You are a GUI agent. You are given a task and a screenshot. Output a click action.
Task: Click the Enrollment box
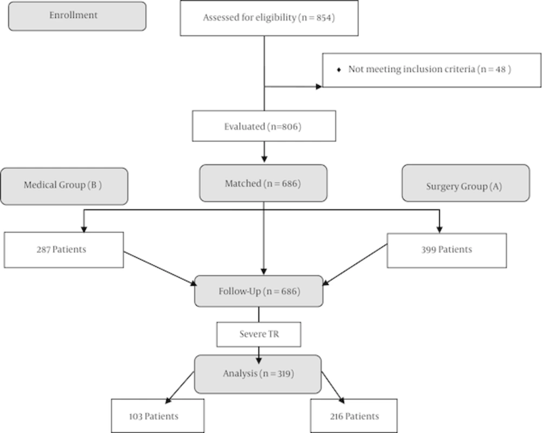77,16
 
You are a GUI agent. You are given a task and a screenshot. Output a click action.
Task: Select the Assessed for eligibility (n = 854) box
269,18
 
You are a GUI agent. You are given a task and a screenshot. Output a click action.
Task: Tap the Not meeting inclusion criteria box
431,70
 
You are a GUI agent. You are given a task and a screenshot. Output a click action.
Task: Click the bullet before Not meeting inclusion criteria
339,70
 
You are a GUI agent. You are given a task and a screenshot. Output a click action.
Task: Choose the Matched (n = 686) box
263,183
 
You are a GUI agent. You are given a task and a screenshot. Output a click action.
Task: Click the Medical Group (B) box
64,186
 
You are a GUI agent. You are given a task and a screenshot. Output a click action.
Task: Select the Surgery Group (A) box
465,183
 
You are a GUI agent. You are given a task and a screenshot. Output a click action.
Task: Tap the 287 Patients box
63,250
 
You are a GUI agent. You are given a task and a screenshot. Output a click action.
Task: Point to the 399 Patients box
447,250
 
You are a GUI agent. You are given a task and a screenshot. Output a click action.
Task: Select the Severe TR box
259,334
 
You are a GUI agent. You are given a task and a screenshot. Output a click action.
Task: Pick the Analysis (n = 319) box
258,373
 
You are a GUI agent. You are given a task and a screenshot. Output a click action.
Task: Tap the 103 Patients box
158,416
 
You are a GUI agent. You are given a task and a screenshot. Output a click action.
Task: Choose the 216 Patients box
354,416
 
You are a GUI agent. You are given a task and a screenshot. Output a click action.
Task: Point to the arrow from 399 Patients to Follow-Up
355,264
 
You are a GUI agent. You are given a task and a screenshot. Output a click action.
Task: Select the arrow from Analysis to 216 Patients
332,386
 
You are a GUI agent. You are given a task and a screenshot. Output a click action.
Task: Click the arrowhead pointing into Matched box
264,160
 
